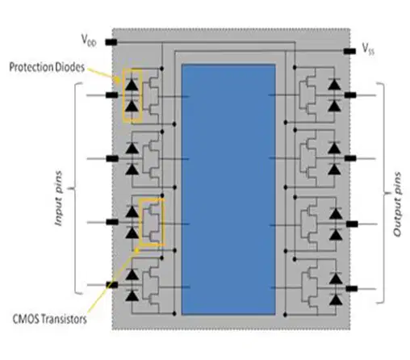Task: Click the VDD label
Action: click(x=89, y=40)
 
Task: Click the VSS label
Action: click(x=368, y=49)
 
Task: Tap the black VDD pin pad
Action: click(x=111, y=42)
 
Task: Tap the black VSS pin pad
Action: click(x=349, y=51)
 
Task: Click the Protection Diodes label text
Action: click(x=47, y=67)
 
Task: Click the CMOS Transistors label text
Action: click(x=50, y=319)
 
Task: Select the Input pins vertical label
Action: click(x=58, y=199)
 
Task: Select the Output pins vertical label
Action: click(x=397, y=204)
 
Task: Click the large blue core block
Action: click(x=228, y=189)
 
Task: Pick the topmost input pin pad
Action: click(x=111, y=95)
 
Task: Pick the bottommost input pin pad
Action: click(x=112, y=285)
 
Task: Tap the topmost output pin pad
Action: click(x=350, y=94)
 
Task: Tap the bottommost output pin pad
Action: click(x=352, y=289)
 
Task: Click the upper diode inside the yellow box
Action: click(x=132, y=84)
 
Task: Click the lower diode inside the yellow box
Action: click(x=132, y=106)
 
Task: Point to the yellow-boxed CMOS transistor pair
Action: click(x=152, y=222)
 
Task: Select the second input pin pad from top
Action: click(x=112, y=158)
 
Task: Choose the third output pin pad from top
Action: click(x=352, y=224)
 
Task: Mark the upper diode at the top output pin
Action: click(x=334, y=84)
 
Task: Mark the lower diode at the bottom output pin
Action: click(x=336, y=299)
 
